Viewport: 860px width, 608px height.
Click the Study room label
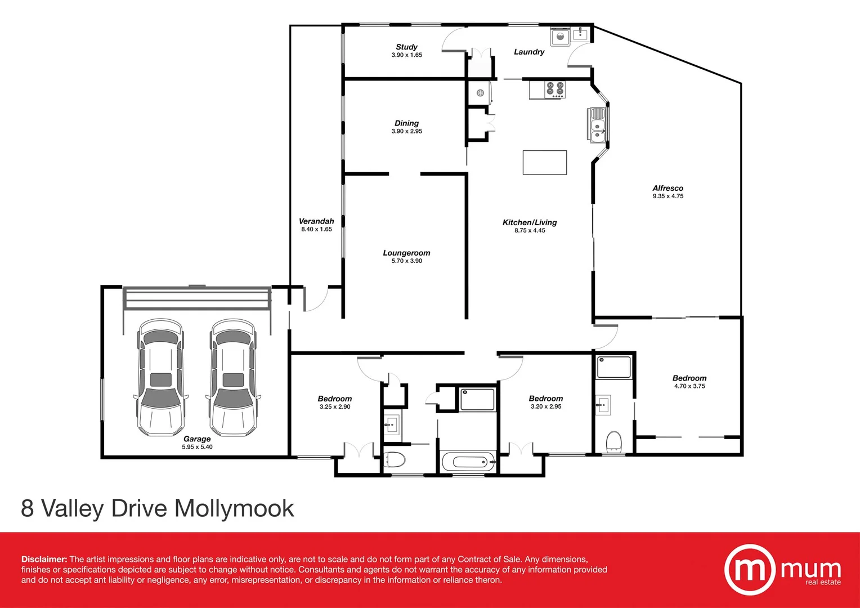point(406,47)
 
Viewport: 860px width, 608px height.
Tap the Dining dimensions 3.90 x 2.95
point(406,131)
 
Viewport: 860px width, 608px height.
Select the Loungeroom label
point(406,253)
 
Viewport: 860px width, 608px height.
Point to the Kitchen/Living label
point(530,222)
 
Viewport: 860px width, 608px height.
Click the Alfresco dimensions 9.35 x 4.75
point(668,196)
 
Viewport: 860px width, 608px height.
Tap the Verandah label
point(316,221)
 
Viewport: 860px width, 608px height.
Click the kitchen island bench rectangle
point(544,163)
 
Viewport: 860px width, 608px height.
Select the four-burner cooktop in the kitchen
point(555,90)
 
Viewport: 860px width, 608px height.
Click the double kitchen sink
point(597,125)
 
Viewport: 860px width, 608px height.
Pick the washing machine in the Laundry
point(560,37)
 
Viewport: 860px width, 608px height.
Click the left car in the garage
point(160,377)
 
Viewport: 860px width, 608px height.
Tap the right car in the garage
point(233,377)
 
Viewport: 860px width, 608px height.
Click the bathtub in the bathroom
point(468,462)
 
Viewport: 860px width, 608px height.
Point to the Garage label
point(197,439)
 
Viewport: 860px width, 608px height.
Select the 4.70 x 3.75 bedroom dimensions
point(689,386)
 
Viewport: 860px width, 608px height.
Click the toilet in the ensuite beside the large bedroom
point(613,442)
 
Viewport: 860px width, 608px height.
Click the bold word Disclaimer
point(44,560)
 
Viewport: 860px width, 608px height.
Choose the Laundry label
point(529,52)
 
